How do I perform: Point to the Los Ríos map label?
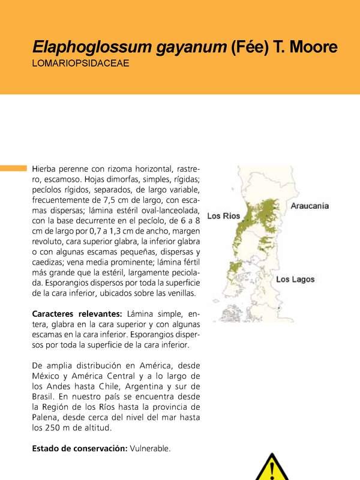tap(223, 215)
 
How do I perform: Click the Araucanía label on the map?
tap(310, 206)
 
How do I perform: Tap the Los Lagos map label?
tap(295, 280)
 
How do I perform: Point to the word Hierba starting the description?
tap(45, 169)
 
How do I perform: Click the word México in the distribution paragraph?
tap(46, 376)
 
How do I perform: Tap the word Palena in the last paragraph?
tap(46, 418)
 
